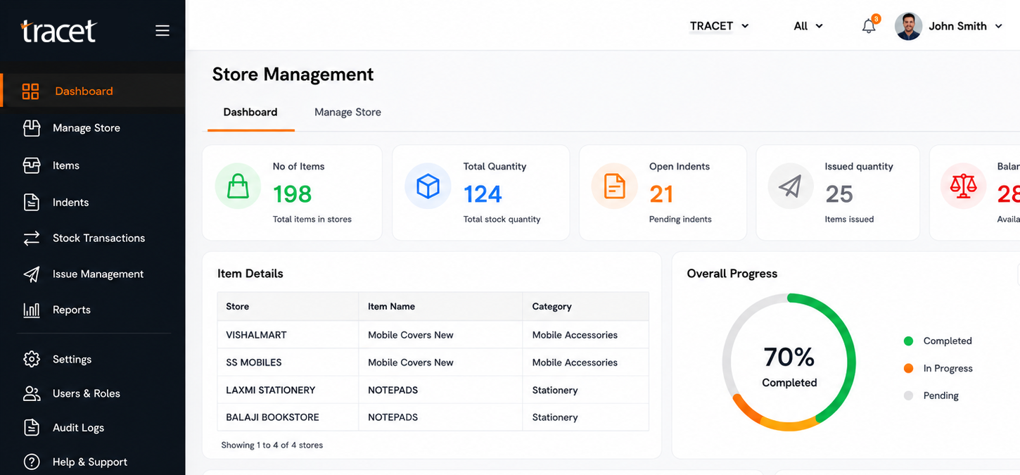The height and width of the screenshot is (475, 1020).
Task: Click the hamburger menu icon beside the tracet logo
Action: click(162, 30)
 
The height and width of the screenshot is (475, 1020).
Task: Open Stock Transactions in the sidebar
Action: click(98, 238)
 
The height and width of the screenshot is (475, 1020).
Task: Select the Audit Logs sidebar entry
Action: click(78, 428)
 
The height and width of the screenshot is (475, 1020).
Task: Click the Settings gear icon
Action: click(32, 359)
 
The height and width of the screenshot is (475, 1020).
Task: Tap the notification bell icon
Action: click(869, 26)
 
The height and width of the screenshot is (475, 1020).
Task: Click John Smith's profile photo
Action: click(908, 26)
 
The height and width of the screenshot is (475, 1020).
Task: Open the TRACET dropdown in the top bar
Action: click(719, 26)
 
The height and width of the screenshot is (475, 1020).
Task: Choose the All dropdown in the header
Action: click(808, 26)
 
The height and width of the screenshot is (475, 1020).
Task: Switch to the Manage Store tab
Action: click(348, 112)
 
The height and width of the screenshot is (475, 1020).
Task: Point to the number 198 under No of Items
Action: click(293, 194)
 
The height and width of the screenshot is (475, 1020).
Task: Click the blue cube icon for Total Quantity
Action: click(428, 186)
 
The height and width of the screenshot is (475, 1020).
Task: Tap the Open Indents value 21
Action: click(661, 194)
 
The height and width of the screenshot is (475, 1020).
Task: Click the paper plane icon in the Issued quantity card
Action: click(790, 186)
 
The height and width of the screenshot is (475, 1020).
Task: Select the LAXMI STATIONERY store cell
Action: click(271, 390)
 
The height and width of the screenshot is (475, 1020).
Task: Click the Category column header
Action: click(552, 307)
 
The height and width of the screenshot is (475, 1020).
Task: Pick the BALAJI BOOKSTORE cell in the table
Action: click(272, 417)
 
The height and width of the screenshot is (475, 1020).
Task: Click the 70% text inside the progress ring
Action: click(789, 357)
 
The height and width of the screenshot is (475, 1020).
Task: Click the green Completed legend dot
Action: click(908, 341)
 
